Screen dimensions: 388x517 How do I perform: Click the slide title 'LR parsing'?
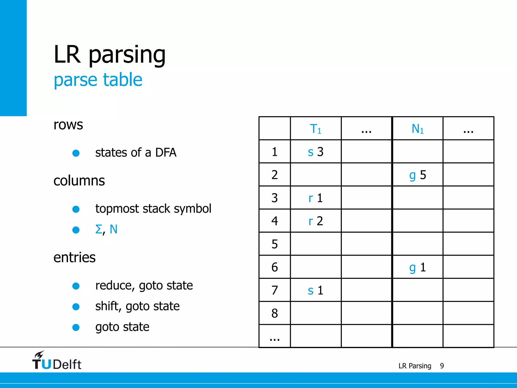pyautogui.click(x=110, y=55)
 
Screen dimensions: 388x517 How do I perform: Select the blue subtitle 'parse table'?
pyautogui.click(x=98, y=80)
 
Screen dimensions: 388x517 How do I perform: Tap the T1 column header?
pyautogui.click(x=315, y=129)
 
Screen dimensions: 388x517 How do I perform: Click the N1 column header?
pyautogui.click(x=417, y=129)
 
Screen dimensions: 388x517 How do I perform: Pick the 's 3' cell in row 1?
pyautogui.click(x=316, y=152)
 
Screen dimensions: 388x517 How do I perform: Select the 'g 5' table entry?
pyautogui.click(x=418, y=175)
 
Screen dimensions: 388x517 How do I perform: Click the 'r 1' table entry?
pyautogui.click(x=316, y=198)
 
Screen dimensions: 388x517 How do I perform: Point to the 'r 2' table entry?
pyautogui.click(x=316, y=221)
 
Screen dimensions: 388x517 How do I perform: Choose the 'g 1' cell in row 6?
pyautogui.click(x=418, y=267)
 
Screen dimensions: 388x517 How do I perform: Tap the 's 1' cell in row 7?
pyautogui.click(x=316, y=290)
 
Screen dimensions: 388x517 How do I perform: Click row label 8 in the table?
pyautogui.click(x=275, y=313)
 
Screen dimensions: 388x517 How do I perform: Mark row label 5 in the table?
pyautogui.click(x=275, y=244)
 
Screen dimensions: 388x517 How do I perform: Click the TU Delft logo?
pyautogui.click(x=57, y=361)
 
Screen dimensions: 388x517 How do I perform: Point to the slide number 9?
pyautogui.click(x=442, y=366)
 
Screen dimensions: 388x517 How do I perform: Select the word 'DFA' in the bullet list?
pyautogui.click(x=166, y=153)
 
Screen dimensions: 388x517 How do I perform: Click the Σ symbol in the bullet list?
pyautogui.click(x=99, y=229)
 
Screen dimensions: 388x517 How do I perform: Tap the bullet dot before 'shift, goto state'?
pyautogui.click(x=76, y=307)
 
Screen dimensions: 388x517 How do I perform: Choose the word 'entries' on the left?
pyautogui.click(x=74, y=257)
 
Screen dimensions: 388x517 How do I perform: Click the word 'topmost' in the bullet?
pyautogui.click(x=117, y=209)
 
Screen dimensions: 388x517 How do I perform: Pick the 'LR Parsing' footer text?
pyautogui.click(x=415, y=366)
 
